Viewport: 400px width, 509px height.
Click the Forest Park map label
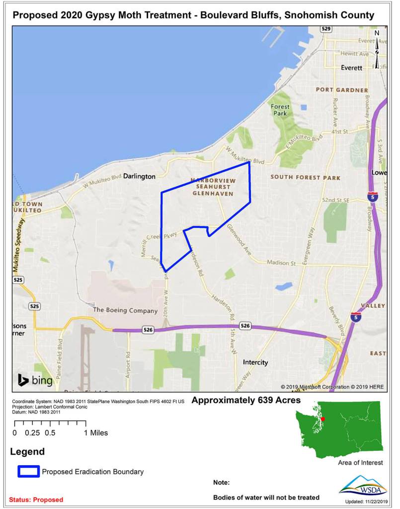point(280,109)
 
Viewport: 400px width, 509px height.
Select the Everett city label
point(352,68)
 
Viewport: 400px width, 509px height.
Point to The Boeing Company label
point(125,310)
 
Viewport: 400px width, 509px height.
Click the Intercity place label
point(255,362)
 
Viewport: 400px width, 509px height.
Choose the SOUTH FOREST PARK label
point(305,177)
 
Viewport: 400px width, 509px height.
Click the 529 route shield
point(325,29)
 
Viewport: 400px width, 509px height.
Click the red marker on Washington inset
point(322,419)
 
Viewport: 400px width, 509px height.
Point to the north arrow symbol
point(377,50)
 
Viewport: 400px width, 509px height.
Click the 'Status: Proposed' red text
point(36,499)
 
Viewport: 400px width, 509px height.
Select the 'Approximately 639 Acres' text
point(246,400)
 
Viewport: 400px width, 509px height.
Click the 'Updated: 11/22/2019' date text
point(365,502)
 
